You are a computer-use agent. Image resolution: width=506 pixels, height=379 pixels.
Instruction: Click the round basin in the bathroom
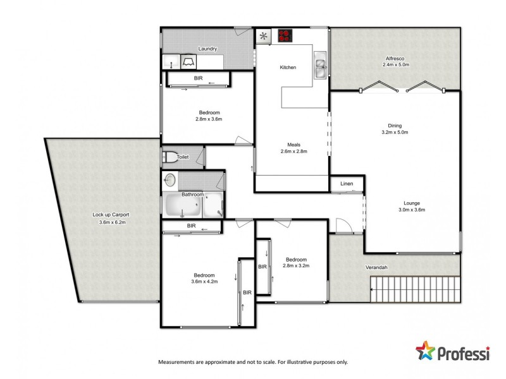pyautogui.click(x=170, y=180)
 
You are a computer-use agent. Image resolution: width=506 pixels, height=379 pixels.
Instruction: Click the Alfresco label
pyautogui.click(x=396, y=57)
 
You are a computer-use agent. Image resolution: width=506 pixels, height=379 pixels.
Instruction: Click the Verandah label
pyautogui.click(x=376, y=267)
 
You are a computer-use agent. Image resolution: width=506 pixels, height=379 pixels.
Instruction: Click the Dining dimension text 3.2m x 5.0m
pyautogui.click(x=395, y=133)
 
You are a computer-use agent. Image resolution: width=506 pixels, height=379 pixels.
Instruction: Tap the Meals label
pyautogui.click(x=292, y=144)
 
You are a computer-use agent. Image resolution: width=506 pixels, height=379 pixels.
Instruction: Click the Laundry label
pyautogui.click(x=207, y=49)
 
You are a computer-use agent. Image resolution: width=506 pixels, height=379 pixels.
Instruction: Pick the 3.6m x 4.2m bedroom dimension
pyautogui.click(x=204, y=282)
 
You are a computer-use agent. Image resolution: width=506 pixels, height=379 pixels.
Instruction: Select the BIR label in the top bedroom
pyautogui.click(x=198, y=78)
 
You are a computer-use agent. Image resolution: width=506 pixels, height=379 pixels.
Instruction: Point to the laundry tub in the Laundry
pyautogui.click(x=188, y=62)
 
